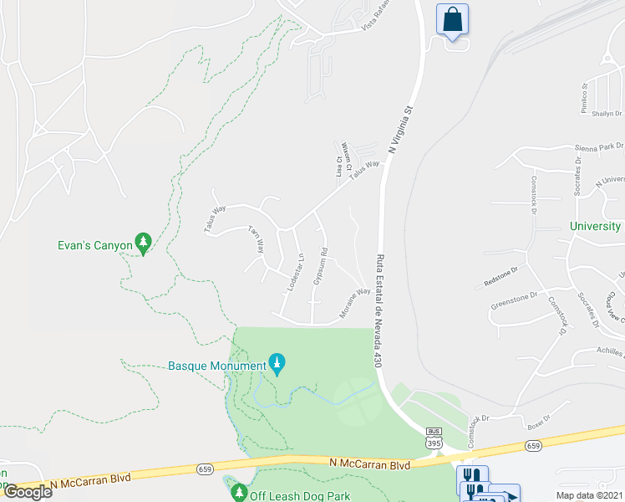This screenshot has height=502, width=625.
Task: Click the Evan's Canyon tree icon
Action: [x=144, y=243]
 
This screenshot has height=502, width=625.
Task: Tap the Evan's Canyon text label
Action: [x=95, y=245]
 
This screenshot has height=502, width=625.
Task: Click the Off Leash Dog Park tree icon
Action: [x=239, y=494]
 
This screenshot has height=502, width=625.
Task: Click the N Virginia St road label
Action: [x=400, y=126]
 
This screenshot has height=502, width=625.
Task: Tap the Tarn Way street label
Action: [x=257, y=240]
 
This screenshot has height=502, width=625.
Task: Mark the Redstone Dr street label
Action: [x=501, y=277]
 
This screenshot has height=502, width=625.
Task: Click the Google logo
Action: [x=28, y=492]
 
